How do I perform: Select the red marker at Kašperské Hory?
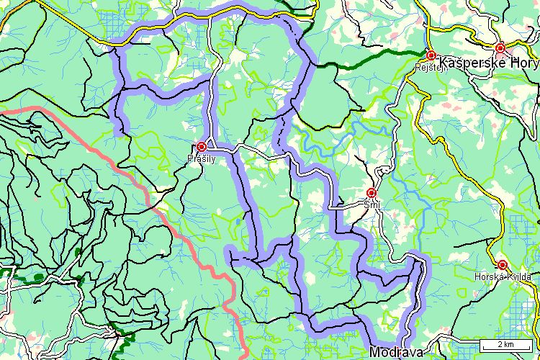[x=500, y=48]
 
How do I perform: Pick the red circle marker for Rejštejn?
[x=431, y=55]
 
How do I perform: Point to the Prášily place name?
[x=201, y=158]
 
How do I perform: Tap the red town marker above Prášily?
[x=202, y=146]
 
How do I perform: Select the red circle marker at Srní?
[x=372, y=193]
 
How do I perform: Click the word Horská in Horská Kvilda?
[x=487, y=276]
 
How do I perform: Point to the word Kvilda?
[x=518, y=276]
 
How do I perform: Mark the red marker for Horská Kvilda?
[x=502, y=265]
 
